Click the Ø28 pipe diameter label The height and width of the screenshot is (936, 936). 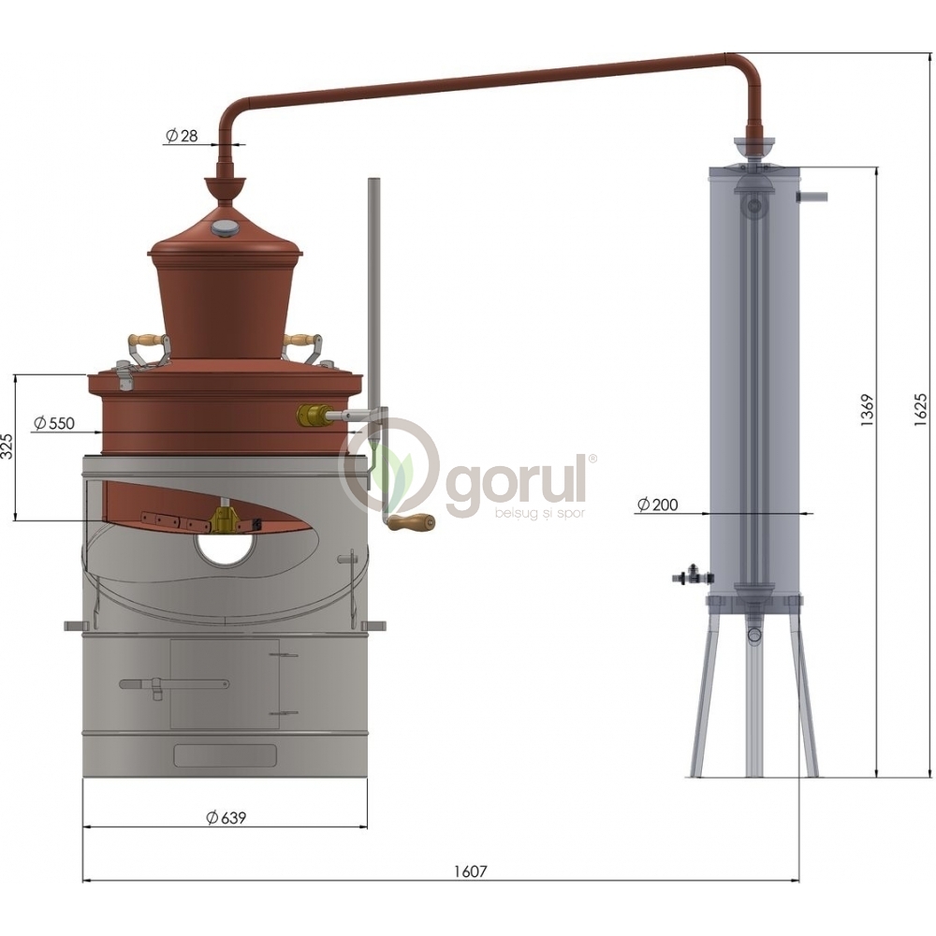click(182, 136)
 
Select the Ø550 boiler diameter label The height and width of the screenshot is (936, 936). click(54, 423)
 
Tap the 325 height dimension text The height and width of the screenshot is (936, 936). click(7, 446)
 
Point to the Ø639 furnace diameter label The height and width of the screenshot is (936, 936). click(226, 817)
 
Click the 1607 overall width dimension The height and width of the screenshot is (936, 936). click(471, 871)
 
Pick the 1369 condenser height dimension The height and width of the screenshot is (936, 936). click(868, 410)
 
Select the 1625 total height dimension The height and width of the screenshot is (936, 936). click(920, 410)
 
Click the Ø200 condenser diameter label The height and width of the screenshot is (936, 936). click(658, 505)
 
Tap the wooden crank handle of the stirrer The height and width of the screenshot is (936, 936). click(412, 522)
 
